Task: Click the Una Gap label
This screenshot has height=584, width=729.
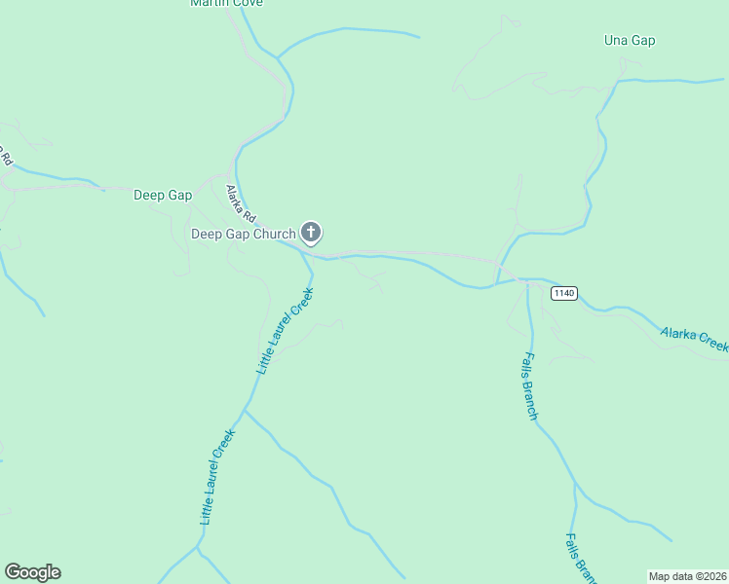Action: (630, 41)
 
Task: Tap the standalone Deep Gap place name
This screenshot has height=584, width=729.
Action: (162, 195)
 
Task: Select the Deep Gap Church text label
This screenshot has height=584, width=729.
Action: (243, 234)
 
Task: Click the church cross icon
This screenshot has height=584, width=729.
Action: (311, 232)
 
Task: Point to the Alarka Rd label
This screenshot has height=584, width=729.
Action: (241, 203)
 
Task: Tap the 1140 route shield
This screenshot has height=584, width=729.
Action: (563, 293)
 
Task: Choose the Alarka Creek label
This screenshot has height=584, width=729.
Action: (694, 339)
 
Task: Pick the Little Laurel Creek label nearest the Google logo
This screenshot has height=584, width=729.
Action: (218, 478)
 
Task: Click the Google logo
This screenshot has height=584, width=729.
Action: (32, 572)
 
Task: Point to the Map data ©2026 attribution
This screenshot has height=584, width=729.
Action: (687, 576)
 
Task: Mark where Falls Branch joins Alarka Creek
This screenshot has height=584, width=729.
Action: (528, 280)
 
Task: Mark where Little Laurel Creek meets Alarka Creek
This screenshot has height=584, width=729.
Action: (311, 258)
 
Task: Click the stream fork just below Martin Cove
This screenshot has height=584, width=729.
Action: (278, 57)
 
